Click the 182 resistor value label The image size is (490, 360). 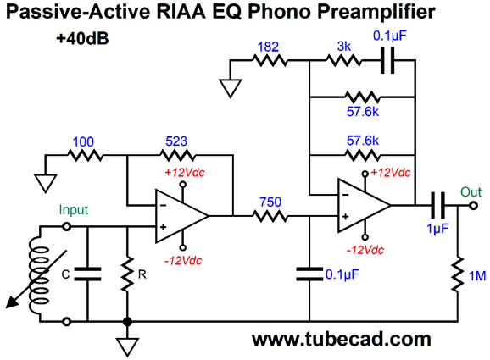[x=268, y=47]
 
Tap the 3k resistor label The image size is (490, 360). [x=344, y=47]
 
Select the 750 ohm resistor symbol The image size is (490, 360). [x=270, y=216]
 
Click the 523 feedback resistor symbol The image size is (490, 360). [x=177, y=155]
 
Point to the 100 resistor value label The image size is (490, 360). [x=83, y=142]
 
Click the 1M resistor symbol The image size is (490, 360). [x=458, y=274]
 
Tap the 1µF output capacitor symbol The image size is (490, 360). [x=437, y=206]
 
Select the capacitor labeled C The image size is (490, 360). [x=87, y=274]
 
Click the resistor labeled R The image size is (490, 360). [x=127, y=274]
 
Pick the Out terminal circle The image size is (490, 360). [x=473, y=206]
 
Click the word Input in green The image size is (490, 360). [x=74, y=210]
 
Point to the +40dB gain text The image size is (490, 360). [x=82, y=39]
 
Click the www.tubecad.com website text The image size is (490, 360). [x=342, y=340]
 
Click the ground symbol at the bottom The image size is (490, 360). [x=127, y=347]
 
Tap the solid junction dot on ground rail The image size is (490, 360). [x=127, y=321]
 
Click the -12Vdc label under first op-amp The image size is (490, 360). [x=183, y=260]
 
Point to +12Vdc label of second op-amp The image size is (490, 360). [x=391, y=173]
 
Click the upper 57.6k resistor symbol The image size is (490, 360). [x=363, y=97]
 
